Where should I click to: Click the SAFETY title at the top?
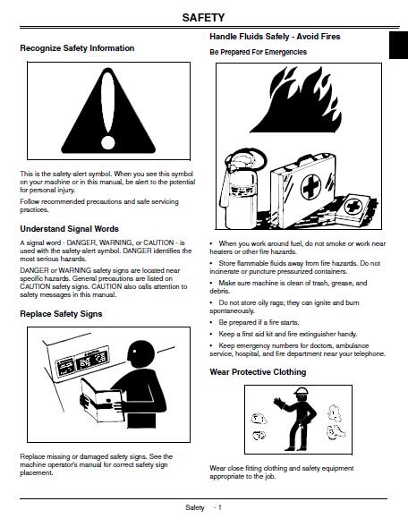pos(203,18)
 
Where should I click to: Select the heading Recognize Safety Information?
pos(77,48)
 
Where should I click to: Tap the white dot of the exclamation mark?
pos(108,143)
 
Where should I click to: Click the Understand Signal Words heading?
pos(69,229)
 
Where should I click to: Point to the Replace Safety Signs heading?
pos(61,314)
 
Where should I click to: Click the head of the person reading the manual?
pos(140,355)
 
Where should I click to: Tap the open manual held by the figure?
pos(102,400)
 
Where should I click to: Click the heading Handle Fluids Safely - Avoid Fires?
pos(275,37)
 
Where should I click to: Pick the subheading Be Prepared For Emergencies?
pos(258,52)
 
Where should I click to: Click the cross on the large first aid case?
pos(310,187)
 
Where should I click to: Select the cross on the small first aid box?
pos(353,206)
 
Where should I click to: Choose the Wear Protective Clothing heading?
pos(258,372)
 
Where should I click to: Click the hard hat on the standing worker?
pos(301,391)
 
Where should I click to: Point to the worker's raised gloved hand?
pos(279,404)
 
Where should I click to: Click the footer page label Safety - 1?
pos(203,507)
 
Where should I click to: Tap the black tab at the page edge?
pos(398,46)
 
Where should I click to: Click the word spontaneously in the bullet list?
pos(232,310)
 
